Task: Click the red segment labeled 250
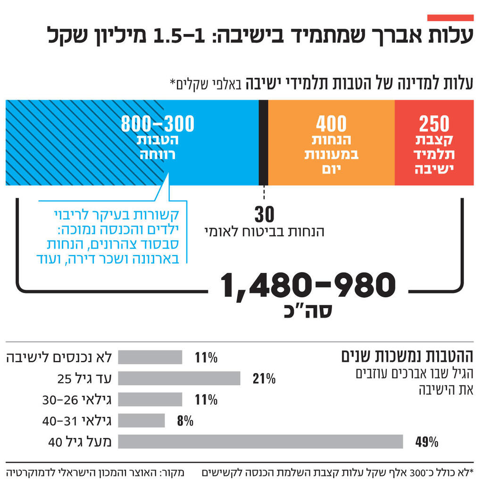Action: coord(434,143)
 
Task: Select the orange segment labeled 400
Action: coord(331,143)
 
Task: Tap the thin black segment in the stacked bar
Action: coord(264,143)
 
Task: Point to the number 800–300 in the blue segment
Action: coord(158,124)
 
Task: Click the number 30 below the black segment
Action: coord(264,215)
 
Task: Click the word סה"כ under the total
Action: coord(308,311)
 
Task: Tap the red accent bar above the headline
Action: coord(450,18)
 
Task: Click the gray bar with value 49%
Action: coord(260,442)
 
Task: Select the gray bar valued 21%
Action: coord(179,378)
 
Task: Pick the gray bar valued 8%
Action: coord(141,420)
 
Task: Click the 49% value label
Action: coord(427,442)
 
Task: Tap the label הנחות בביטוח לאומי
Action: coord(264,231)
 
